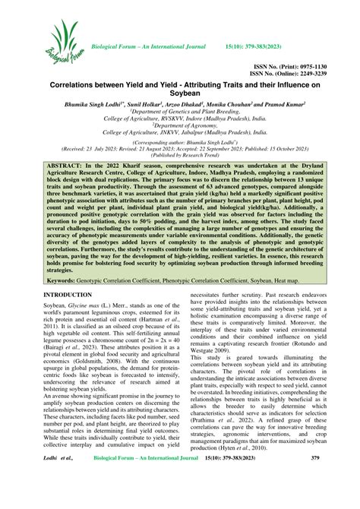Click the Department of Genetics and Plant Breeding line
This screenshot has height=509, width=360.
(180, 119)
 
